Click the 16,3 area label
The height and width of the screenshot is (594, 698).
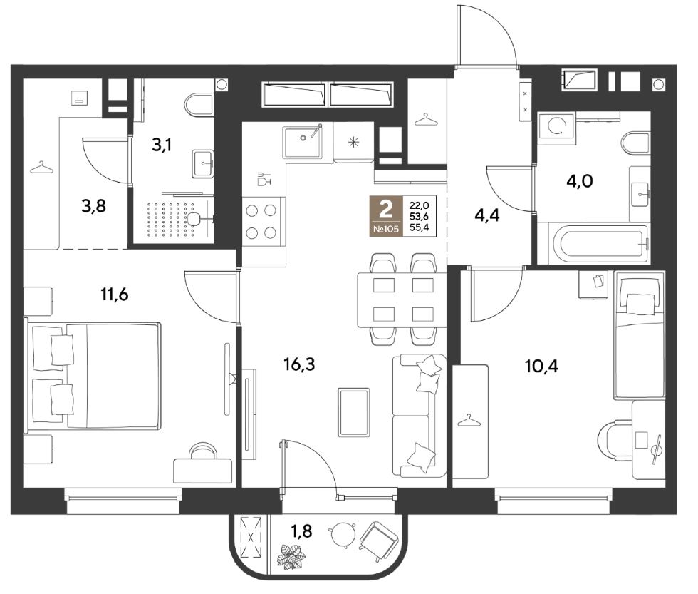pos(299,364)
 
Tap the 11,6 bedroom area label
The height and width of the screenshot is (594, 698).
pos(115,295)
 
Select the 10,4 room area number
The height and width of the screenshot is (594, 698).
pos(542,367)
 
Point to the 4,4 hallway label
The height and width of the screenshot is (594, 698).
pos(487,215)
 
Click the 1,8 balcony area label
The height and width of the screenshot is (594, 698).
pos(301,531)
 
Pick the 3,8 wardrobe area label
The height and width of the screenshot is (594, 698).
pos(94,206)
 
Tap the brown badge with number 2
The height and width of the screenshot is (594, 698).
pos(386,215)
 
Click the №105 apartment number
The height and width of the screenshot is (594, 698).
pos(386,230)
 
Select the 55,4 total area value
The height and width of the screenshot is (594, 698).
pos(419,228)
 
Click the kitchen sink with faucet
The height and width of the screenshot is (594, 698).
pos(303,141)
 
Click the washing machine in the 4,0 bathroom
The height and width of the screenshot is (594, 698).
pos(556,126)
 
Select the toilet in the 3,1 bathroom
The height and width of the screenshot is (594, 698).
pos(198,105)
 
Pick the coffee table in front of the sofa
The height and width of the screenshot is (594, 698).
pos(354,412)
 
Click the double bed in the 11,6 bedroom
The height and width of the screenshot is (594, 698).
pos(93,377)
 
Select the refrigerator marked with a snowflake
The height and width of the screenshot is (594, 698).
pos(353,142)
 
